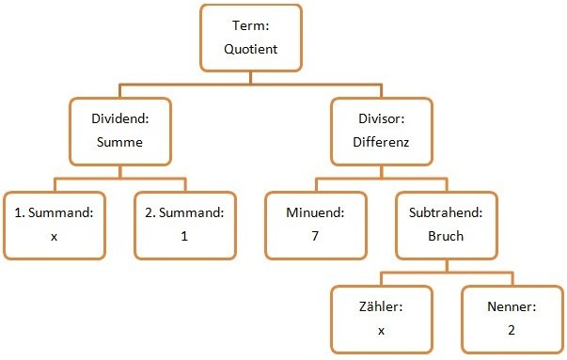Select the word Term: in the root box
(251, 27)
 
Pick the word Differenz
(381, 144)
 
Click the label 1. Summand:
(54, 213)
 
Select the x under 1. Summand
(54, 236)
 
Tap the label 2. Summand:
(185, 213)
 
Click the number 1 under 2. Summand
(185, 236)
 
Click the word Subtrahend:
(446, 213)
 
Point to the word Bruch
(446, 236)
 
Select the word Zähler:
(381, 307)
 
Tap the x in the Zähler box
(381, 330)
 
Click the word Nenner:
(512, 307)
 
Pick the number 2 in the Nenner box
(512, 330)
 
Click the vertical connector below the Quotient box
(251, 77)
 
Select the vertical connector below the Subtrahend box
(446, 264)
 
